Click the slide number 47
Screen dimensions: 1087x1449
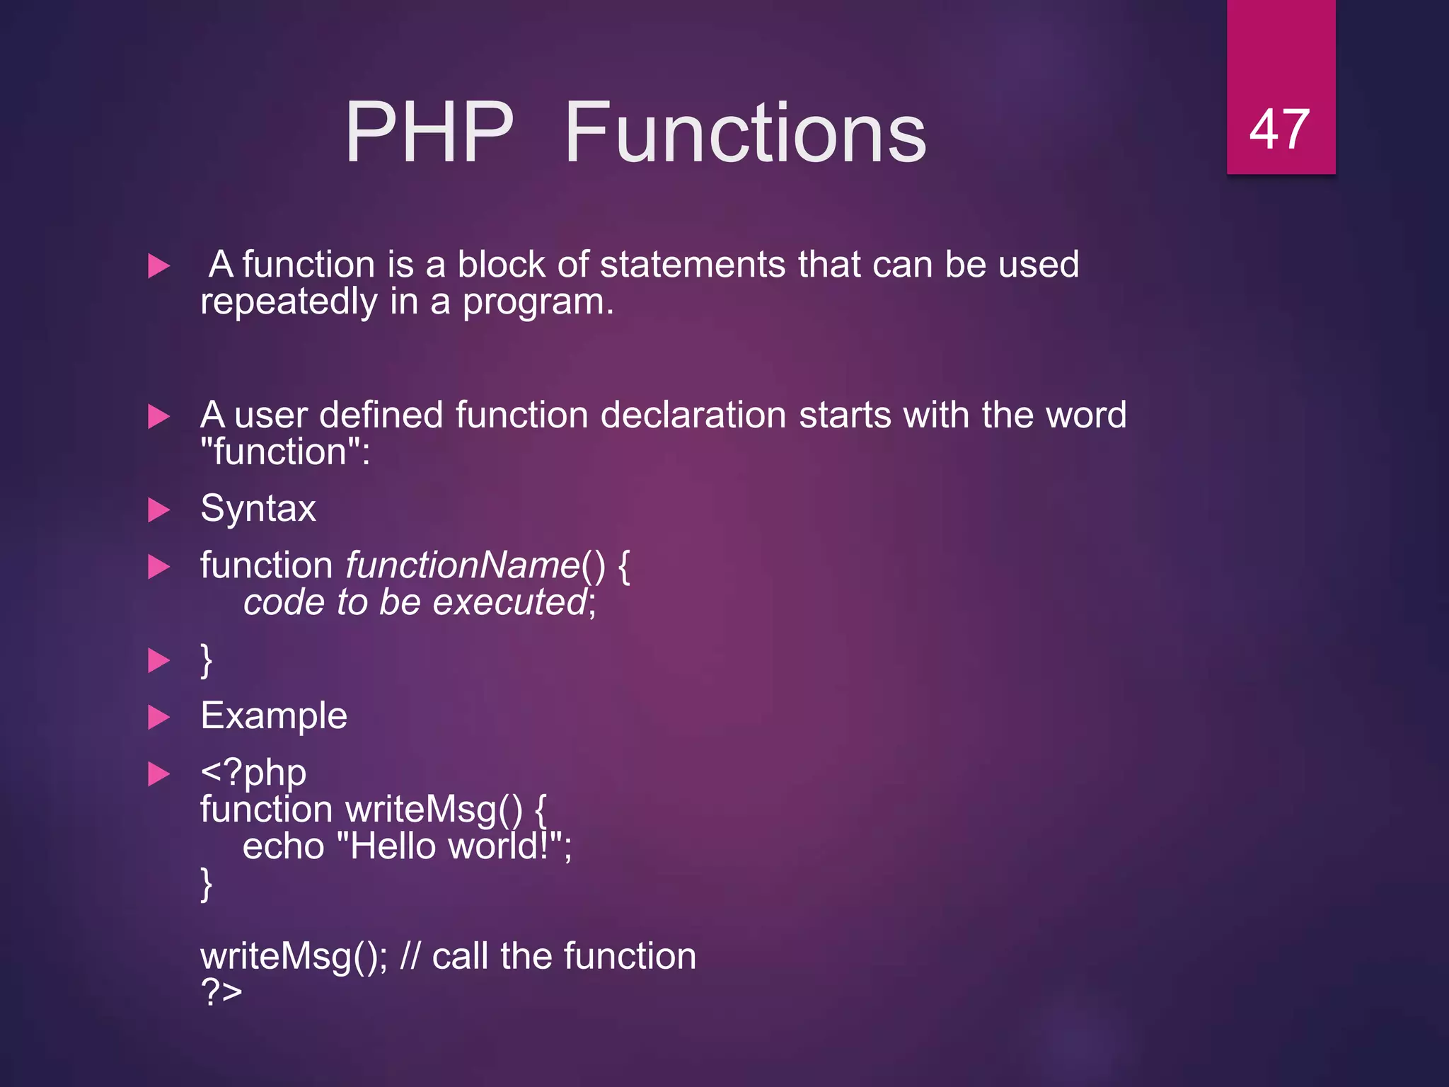coord(1279,130)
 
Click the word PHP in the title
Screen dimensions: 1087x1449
coord(429,132)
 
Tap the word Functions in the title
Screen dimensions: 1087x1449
coord(745,132)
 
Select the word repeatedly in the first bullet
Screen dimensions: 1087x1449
coord(289,303)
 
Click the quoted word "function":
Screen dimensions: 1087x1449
coord(285,452)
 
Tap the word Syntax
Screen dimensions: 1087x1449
coord(258,509)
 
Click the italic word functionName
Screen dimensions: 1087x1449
coord(463,565)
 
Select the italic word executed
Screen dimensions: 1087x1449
coord(509,602)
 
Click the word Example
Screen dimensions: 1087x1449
coord(274,716)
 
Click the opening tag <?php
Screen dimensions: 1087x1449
coord(253,772)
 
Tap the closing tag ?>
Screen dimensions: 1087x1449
coord(221,991)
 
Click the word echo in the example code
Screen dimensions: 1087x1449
coord(283,846)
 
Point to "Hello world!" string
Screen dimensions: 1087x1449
coord(449,846)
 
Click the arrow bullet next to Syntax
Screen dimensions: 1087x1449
coord(158,510)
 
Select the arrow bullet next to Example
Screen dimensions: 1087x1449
coord(158,718)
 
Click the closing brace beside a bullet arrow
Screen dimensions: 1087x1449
coord(206,660)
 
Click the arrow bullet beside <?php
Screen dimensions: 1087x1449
coord(158,773)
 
